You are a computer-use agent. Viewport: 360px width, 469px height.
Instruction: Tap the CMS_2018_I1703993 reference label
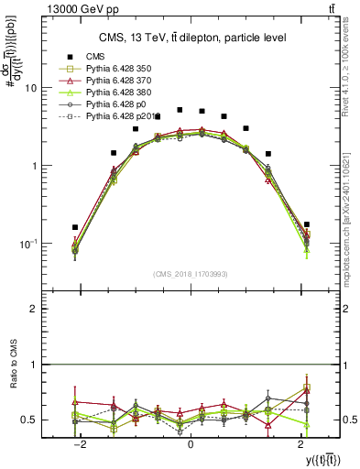[191, 273]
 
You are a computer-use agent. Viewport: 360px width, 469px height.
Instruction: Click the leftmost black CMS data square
[75, 227]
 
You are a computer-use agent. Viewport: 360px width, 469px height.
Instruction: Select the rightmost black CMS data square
[306, 224]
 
